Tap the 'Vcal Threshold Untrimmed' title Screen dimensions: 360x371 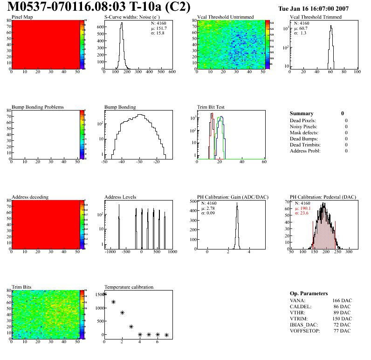coord(226,17)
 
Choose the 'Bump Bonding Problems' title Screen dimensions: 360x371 coord(37,107)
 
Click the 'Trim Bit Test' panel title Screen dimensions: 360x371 coord(211,107)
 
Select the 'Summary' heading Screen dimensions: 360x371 coord(302,113)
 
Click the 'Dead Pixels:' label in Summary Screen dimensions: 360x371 coord(303,121)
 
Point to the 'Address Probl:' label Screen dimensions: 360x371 coord(305,151)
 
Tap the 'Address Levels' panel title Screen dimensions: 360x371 coord(120,197)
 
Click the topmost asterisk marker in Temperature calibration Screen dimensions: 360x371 coord(104,293)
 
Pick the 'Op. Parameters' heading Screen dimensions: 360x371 coord(309,294)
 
